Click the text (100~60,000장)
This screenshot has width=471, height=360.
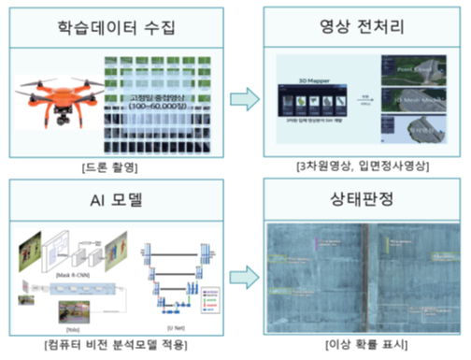coord(159,108)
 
